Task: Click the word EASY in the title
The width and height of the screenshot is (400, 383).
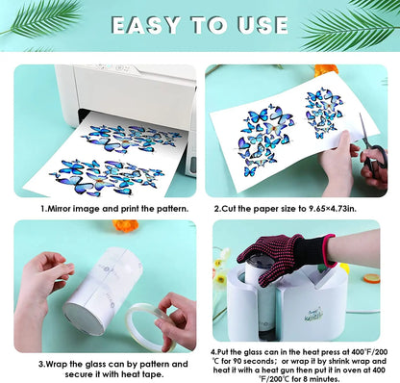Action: point(146,25)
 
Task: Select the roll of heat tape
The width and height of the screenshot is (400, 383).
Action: point(151,327)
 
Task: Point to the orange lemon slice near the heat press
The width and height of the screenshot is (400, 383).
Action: point(372,278)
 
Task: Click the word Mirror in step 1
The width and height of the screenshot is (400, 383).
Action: point(60,209)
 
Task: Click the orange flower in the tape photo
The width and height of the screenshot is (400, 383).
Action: point(126,225)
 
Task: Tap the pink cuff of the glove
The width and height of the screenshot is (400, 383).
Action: point(330,250)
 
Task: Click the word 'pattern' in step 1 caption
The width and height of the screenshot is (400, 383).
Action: point(172,209)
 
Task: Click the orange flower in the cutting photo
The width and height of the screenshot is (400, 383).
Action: point(326,69)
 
